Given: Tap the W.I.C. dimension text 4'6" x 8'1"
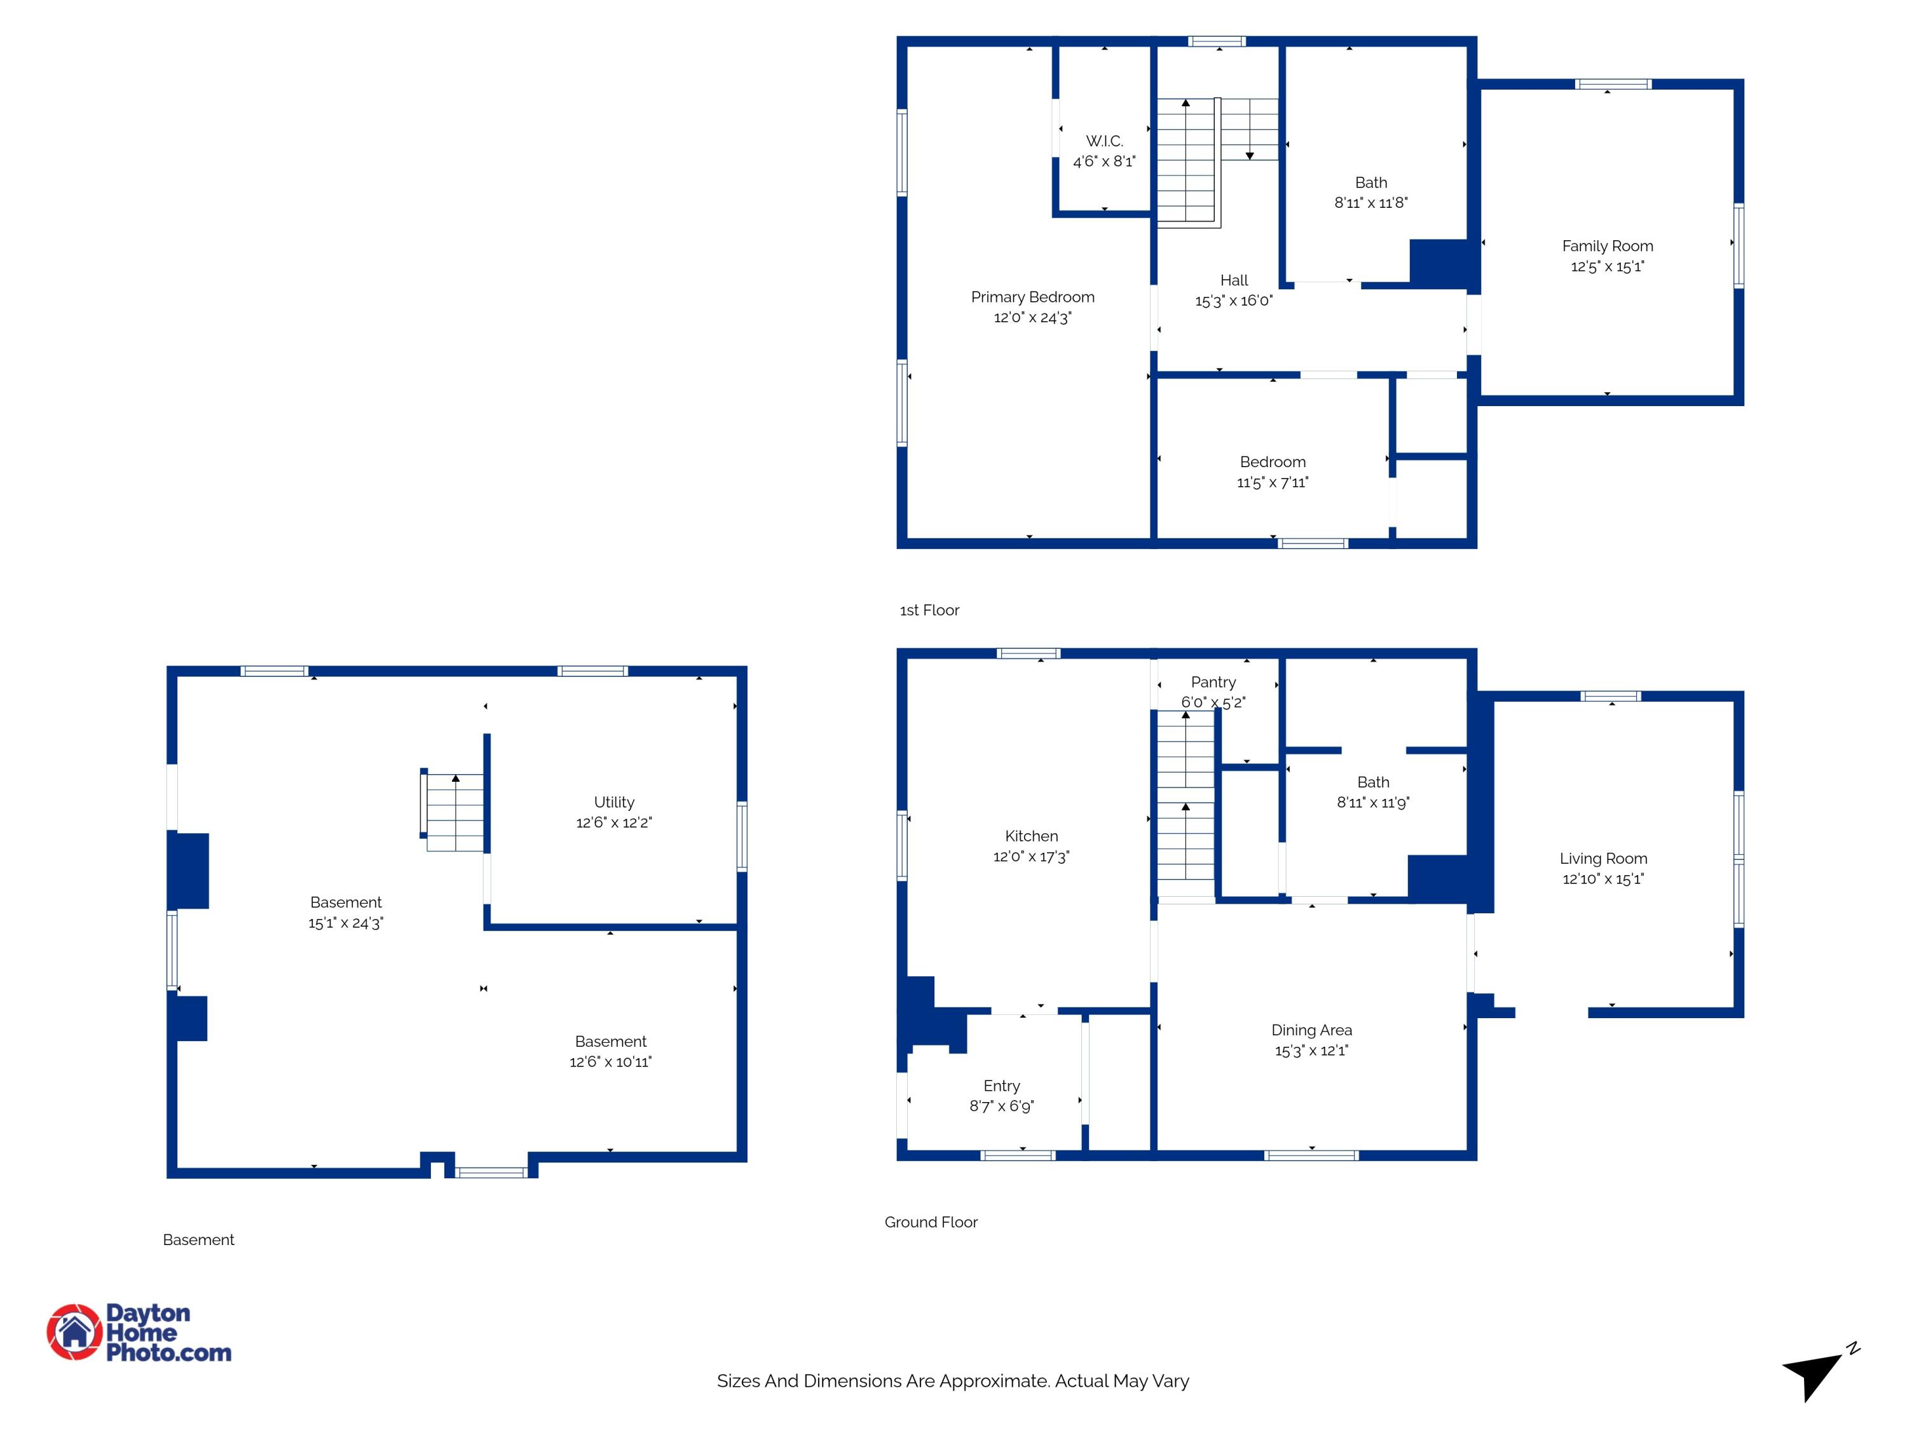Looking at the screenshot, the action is (x=1104, y=161).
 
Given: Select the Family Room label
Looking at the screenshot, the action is (x=1607, y=247).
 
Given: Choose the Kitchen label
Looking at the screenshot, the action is (x=1031, y=836).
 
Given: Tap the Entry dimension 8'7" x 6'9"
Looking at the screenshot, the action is (x=1001, y=1106).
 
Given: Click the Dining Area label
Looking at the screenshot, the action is (x=1311, y=1030).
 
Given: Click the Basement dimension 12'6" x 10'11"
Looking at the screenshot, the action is (x=610, y=1062).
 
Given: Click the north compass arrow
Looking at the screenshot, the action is (x=1811, y=1377).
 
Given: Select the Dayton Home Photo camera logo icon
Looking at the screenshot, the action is (x=74, y=1333).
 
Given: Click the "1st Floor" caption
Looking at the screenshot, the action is (x=929, y=610).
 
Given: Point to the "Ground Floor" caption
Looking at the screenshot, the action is (x=931, y=1222).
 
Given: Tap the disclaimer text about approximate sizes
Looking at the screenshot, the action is (x=953, y=1381).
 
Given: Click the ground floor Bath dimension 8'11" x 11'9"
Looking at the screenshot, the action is (x=1373, y=803).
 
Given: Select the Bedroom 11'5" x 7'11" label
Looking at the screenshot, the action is (x=1273, y=462).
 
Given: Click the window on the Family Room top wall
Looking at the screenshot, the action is (x=1613, y=85).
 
